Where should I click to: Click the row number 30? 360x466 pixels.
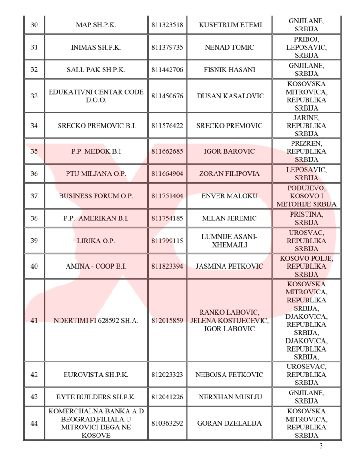(x=34, y=25)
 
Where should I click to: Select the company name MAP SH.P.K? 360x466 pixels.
(x=96, y=25)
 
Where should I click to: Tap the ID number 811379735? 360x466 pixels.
(x=167, y=47)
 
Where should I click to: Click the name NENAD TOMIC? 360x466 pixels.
(x=230, y=47)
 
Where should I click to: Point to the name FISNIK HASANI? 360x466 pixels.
(x=230, y=70)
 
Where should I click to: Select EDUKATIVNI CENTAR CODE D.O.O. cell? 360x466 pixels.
(x=96, y=96)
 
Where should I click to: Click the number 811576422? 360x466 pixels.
(x=167, y=126)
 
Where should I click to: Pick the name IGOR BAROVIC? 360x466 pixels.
(x=230, y=151)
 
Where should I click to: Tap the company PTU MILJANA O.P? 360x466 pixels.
(x=96, y=174)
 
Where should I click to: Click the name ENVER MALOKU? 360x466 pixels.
(x=230, y=196)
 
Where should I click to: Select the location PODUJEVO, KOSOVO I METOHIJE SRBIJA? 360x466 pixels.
(x=307, y=196)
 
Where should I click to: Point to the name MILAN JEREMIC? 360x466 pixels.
(x=230, y=218)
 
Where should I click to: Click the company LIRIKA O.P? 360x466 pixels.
(x=96, y=241)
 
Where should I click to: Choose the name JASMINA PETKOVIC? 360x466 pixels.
(x=230, y=266)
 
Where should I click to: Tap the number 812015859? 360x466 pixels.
(x=167, y=321)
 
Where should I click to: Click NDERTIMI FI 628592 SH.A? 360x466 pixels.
(x=96, y=321)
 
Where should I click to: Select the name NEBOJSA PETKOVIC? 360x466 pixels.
(x=230, y=375)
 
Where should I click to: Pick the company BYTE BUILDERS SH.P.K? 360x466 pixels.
(x=96, y=397)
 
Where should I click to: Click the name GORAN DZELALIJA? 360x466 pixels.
(x=230, y=423)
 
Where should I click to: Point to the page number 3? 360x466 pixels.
(x=321, y=446)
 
